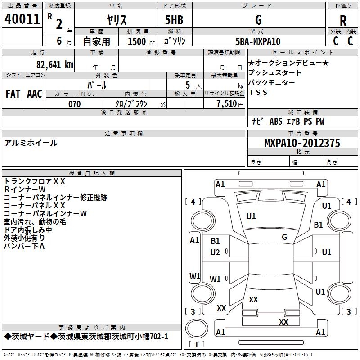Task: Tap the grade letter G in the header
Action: coord(258,20)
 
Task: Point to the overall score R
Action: coord(343,21)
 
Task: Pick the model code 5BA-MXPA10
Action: coord(258,41)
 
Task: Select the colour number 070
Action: coord(75,104)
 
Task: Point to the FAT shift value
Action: coord(13,94)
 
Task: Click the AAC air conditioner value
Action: coord(35,94)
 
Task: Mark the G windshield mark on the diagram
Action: coord(284,237)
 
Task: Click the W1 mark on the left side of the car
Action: coord(195,276)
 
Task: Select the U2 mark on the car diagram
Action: coord(215,252)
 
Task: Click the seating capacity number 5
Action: coord(186,85)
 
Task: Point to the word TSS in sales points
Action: coord(258,92)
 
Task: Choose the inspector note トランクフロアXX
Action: coord(35,181)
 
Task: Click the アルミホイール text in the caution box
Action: coord(31,143)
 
